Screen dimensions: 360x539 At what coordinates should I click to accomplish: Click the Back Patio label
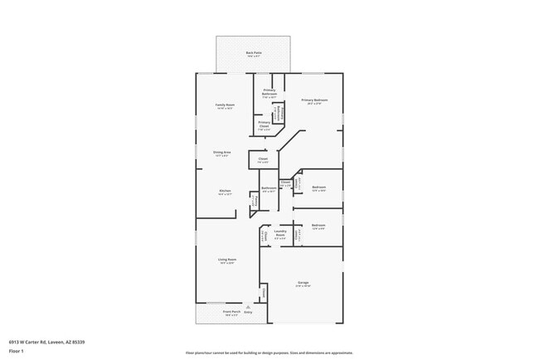[253, 54]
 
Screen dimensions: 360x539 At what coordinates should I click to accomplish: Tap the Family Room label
[225, 106]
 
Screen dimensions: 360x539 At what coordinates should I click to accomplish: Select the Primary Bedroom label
[314, 101]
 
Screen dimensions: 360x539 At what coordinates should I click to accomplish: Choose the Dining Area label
[221, 153]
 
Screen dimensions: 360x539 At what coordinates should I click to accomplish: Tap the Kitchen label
[224, 191]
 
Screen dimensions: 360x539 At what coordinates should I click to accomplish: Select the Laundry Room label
[279, 235]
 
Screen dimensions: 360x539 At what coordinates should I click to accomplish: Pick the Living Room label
[226, 261]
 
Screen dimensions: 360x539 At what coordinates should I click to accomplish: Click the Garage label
[303, 285]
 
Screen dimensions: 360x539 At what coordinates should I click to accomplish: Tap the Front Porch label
[232, 313]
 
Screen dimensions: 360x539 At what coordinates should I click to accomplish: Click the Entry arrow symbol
[247, 307]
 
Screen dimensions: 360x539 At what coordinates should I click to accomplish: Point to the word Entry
[248, 313]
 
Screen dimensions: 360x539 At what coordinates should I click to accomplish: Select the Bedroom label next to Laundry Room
[318, 226]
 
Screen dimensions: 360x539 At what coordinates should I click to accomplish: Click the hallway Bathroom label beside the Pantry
[269, 189]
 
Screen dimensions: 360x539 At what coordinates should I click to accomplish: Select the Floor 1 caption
[16, 352]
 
